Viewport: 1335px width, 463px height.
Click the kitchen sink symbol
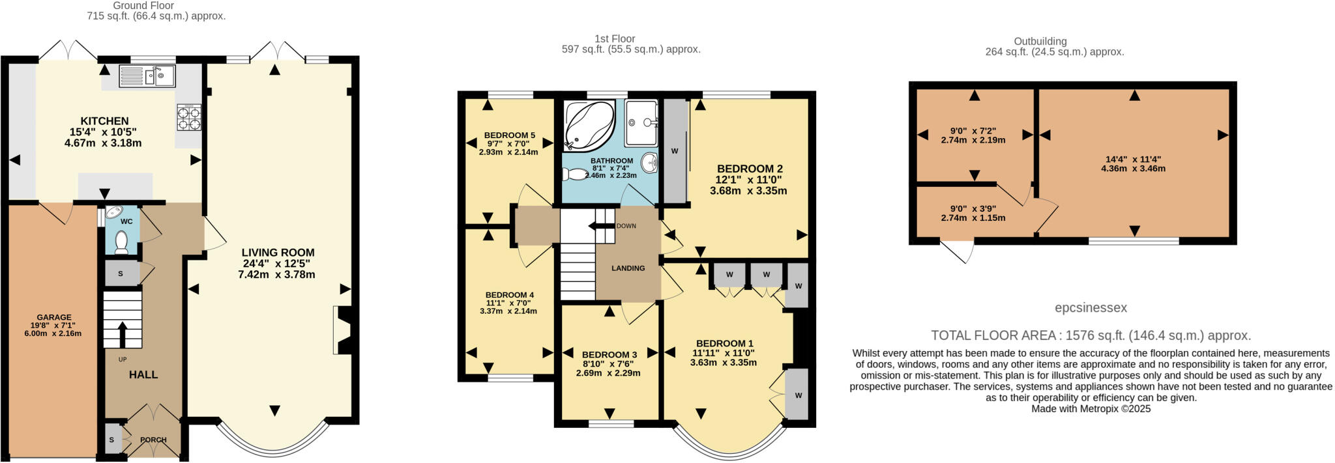click(x=147, y=76)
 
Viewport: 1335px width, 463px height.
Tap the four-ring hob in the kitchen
click(x=189, y=117)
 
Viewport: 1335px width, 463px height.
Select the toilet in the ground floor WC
click(x=121, y=242)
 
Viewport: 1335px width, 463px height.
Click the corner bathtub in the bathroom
click(x=588, y=124)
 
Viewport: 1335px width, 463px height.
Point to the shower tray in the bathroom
click(x=641, y=122)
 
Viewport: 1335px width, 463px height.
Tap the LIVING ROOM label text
click(x=278, y=253)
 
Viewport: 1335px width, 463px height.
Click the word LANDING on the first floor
click(x=628, y=268)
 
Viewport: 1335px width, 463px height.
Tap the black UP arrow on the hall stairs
click(x=122, y=334)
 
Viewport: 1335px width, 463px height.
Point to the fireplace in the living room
click(x=343, y=330)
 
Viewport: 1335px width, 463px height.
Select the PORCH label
click(x=153, y=440)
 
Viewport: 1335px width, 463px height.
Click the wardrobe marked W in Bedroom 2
click(x=675, y=151)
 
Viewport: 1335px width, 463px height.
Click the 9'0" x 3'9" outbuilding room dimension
click(x=973, y=209)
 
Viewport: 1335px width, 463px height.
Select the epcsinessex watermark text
click(x=1091, y=307)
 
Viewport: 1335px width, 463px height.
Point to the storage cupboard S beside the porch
click(x=111, y=440)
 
